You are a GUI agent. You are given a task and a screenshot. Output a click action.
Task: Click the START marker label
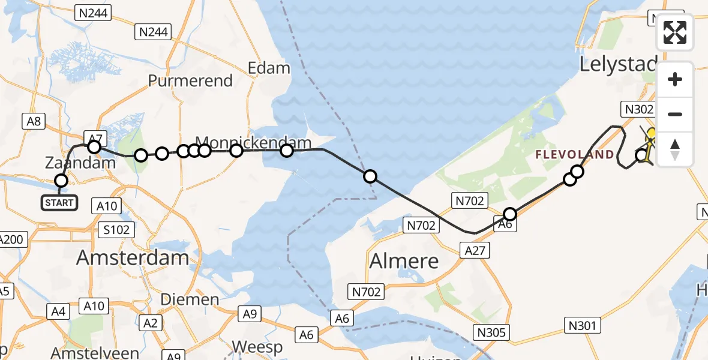tap(59, 203)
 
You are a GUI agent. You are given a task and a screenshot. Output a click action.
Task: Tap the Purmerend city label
tap(190, 81)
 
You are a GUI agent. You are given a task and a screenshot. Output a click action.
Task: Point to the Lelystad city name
tap(618, 64)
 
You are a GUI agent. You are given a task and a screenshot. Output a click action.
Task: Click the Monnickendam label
tap(254, 143)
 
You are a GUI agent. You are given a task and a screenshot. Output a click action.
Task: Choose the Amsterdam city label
tap(133, 258)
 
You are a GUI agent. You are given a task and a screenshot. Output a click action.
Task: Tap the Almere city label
tap(404, 261)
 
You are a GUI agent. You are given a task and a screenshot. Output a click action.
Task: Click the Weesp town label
tap(257, 347)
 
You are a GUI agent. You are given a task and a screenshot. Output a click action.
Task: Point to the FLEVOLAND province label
tap(575, 155)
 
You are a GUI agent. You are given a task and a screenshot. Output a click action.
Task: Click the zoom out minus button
tap(675, 115)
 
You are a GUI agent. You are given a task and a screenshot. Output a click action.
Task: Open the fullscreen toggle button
tap(675, 32)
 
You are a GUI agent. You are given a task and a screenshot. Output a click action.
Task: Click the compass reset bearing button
tap(675, 149)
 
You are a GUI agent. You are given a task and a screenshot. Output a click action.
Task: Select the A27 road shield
tap(475, 250)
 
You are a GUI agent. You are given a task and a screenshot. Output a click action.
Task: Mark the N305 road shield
tap(491, 332)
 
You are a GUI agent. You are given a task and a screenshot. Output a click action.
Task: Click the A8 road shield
tap(34, 121)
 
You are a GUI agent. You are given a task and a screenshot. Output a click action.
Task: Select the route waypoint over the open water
tap(370, 176)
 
